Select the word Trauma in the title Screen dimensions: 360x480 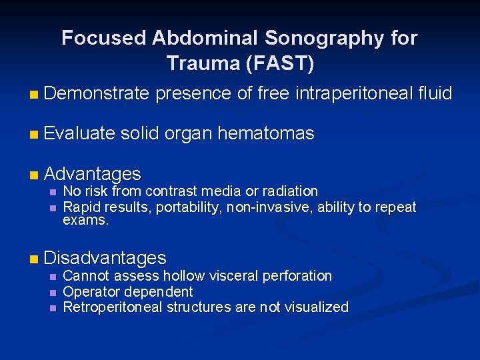[201, 63]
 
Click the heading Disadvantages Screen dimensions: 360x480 [105, 258]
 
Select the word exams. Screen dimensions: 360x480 [85, 220]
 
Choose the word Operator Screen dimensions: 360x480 [88, 291]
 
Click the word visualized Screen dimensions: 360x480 [315, 307]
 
